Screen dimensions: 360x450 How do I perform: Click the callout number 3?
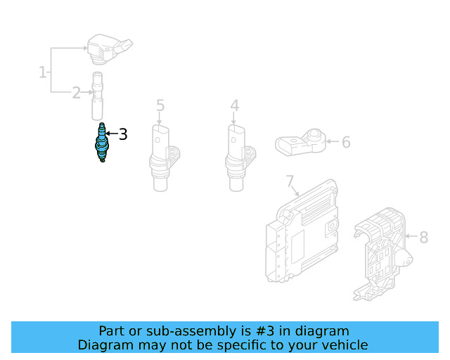click(x=123, y=134)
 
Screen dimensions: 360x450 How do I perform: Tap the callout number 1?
click(x=42, y=72)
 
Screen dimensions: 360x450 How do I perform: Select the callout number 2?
click(x=76, y=93)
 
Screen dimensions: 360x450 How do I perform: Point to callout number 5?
click(x=160, y=106)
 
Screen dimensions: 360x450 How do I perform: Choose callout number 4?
click(x=234, y=106)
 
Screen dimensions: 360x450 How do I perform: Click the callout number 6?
click(x=346, y=143)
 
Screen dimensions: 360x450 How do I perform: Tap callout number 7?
click(x=290, y=183)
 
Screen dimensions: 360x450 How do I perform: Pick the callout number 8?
click(x=423, y=238)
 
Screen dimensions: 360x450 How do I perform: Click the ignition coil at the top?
click(x=107, y=47)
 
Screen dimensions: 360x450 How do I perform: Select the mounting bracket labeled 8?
click(x=380, y=253)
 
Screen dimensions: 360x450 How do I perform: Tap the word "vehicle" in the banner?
click(x=343, y=345)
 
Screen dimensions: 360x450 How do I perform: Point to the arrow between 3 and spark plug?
click(x=112, y=133)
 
